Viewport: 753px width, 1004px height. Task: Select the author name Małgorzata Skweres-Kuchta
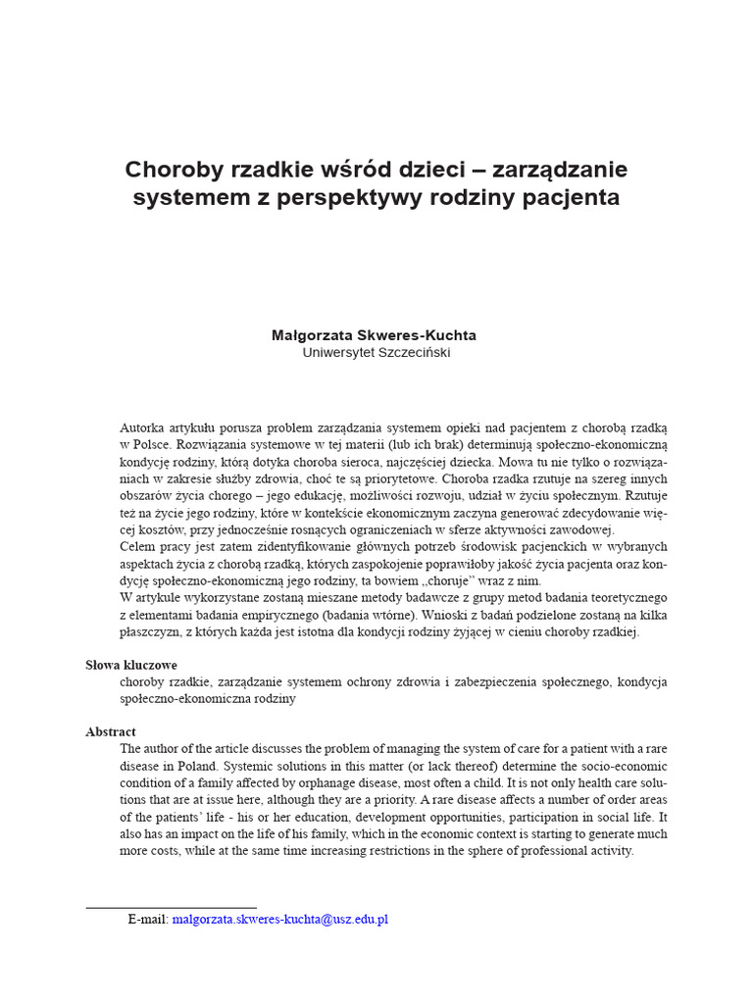[x=374, y=335]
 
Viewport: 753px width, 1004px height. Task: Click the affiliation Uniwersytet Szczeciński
[x=376, y=353]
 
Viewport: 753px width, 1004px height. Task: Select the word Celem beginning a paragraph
[x=139, y=546]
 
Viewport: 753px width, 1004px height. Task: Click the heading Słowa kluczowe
[x=131, y=665]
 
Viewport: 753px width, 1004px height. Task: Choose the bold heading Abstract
[x=111, y=731]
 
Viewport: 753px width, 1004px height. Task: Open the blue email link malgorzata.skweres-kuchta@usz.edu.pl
[x=280, y=920]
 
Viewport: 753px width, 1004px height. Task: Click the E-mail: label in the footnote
[x=148, y=920]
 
